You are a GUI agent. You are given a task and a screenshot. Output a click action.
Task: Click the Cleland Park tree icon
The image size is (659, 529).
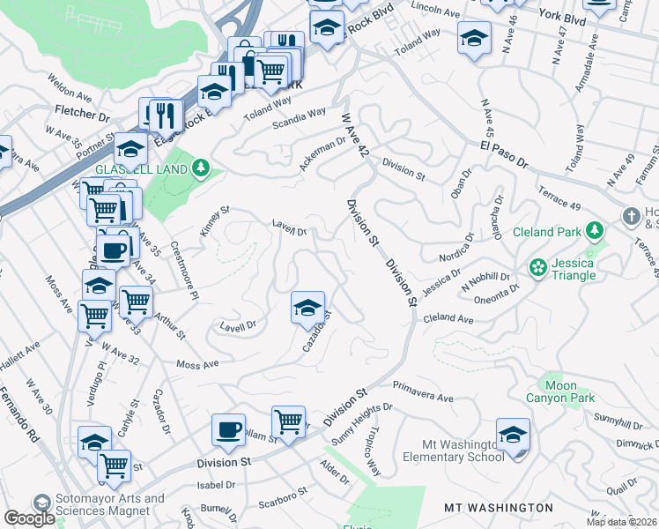click(x=596, y=232)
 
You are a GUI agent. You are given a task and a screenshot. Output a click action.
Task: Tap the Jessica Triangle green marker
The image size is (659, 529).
click(x=537, y=266)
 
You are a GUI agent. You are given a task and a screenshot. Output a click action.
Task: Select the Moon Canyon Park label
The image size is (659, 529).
click(x=557, y=392)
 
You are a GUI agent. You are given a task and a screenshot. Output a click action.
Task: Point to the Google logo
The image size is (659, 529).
click(x=29, y=518)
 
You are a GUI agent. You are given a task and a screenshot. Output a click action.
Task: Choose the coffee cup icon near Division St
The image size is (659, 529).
click(x=228, y=430)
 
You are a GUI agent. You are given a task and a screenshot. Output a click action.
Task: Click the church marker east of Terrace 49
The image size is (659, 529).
click(x=631, y=217)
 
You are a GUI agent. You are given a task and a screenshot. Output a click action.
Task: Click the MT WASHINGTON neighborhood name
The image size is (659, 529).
click(x=499, y=508)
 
